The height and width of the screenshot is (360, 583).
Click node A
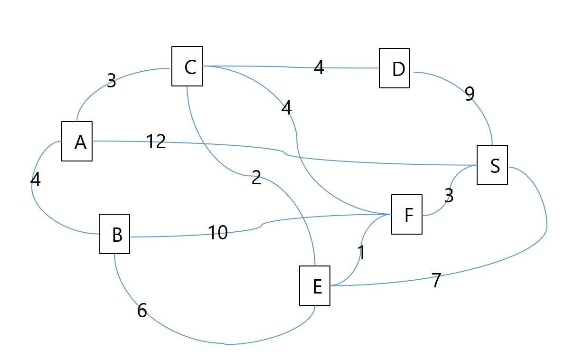coord(77,142)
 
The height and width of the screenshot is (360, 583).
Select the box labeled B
coord(114,234)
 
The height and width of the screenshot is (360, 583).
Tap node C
coord(187,66)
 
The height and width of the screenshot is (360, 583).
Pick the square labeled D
coord(395,68)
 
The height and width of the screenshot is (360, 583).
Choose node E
coord(315,286)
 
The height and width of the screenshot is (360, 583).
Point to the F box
coord(407,215)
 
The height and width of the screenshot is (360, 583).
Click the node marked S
coord(492,165)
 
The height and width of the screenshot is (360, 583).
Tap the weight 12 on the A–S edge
coord(156,142)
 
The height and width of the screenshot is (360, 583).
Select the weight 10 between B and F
coord(218,233)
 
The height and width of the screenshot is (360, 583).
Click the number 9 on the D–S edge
coord(470,95)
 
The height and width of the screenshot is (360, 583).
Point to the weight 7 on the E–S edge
coord(436,281)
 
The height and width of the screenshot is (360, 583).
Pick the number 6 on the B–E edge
coord(142,311)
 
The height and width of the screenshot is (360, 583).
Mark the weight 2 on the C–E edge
coord(256,178)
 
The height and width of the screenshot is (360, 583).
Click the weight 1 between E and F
coord(362,253)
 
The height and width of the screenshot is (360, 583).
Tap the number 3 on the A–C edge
coord(111,81)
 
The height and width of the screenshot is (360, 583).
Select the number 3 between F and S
coord(449,196)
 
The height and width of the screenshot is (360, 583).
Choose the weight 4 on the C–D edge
coord(319,68)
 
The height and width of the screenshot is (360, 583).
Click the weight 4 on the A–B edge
coord(36,180)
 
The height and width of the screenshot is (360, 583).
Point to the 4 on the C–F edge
coord(286,108)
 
